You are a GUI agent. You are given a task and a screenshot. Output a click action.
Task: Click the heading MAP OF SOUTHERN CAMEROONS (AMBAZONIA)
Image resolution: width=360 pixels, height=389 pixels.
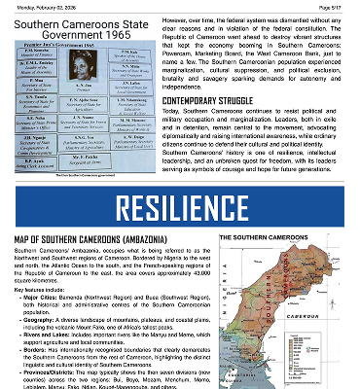coord(93,239)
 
